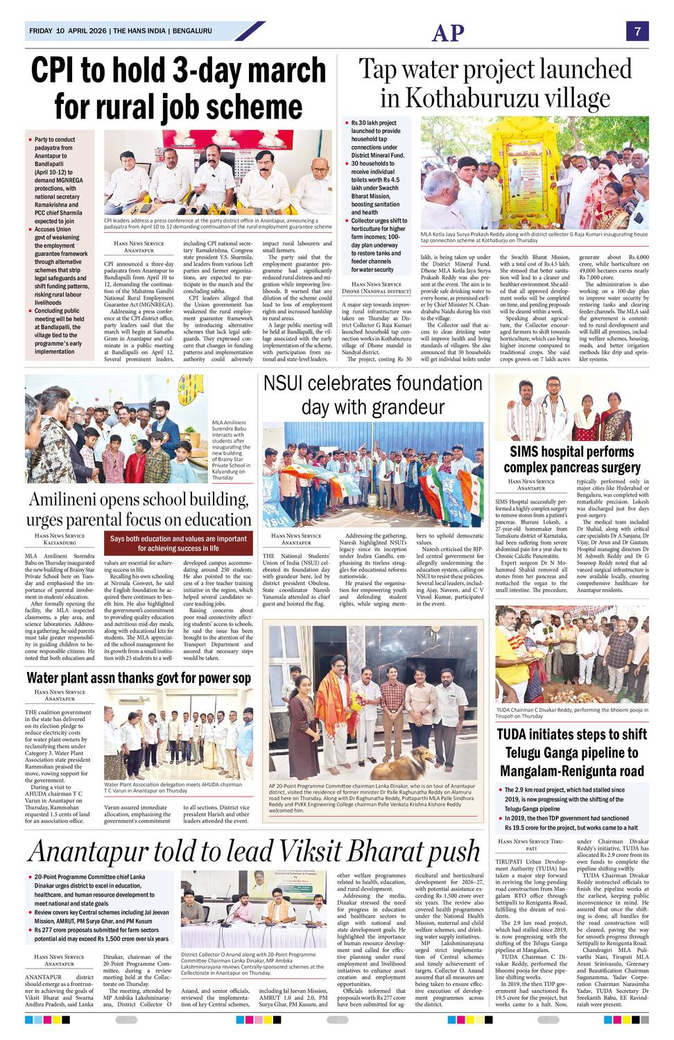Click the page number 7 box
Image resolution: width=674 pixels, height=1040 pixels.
point(637,31)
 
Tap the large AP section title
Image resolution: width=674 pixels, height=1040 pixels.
point(447,33)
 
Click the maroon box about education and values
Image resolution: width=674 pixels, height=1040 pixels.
point(178,543)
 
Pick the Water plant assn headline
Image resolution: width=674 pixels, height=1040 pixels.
point(139,677)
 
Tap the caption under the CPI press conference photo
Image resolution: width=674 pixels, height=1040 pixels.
point(218,223)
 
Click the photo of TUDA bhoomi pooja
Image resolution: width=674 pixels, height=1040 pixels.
point(572,655)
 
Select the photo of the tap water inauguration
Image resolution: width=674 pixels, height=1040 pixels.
point(535,173)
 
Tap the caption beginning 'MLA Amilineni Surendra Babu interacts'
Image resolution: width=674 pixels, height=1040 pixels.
point(231,450)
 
